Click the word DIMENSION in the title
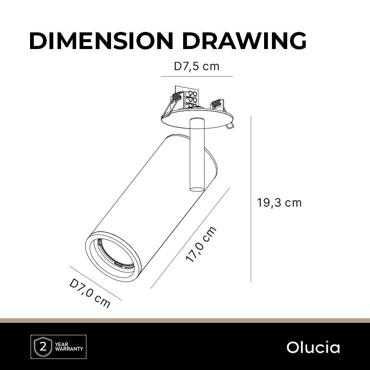pyautogui.click(x=101, y=41)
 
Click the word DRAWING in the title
pyautogui.click(x=244, y=41)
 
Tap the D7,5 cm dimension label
pyautogui.click(x=197, y=66)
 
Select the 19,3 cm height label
pyautogui.click(x=279, y=203)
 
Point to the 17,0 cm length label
pyautogui.click(x=201, y=244)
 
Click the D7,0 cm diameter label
pyautogui.click(x=90, y=293)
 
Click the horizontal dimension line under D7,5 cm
pyautogui.click(x=197, y=76)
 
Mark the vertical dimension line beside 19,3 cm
pyautogui.click(x=251, y=199)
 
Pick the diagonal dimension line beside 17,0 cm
pyautogui.click(x=190, y=238)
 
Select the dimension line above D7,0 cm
pyautogui.click(x=95, y=283)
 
